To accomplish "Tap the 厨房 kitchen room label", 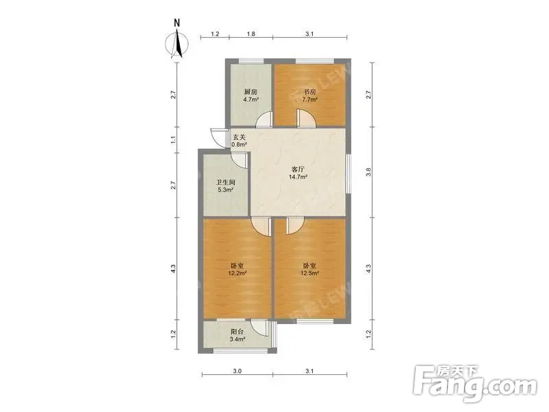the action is (x=250, y=92).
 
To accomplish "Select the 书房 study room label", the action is (x=309, y=92).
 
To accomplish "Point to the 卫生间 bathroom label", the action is (x=226, y=183).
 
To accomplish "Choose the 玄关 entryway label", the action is (x=239, y=137).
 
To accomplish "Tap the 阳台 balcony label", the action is (x=237, y=332).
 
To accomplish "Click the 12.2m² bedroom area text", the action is (x=237, y=273).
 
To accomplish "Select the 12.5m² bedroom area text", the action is (x=310, y=273).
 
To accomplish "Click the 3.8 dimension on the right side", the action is (x=368, y=172).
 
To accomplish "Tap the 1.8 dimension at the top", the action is (x=251, y=34).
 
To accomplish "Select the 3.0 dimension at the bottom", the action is (x=237, y=371).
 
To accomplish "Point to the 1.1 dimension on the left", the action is (x=173, y=140).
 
